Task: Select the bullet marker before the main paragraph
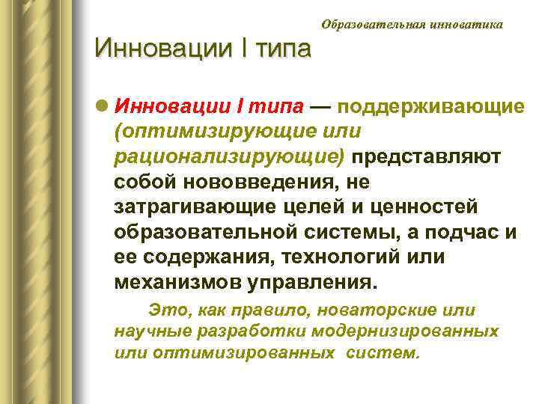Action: (x=101, y=107)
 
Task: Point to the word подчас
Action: (x=461, y=233)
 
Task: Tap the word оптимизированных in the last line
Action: (x=244, y=352)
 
